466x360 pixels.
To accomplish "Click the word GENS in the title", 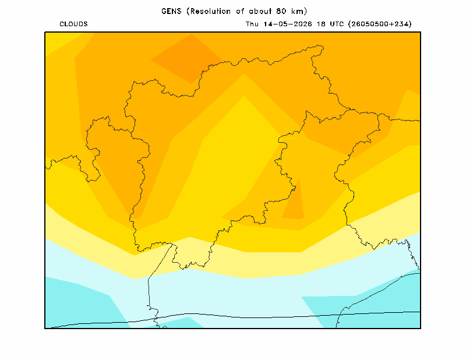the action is [171, 11].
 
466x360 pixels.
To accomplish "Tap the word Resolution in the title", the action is [210, 11].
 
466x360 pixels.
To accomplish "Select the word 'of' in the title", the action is [240, 11].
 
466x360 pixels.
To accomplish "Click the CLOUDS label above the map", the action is [73, 24].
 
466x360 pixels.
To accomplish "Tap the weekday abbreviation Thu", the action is [252, 24].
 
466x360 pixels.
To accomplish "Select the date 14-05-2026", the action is [288, 24].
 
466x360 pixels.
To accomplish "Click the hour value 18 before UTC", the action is [321, 24].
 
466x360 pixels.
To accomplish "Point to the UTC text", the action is [337, 24].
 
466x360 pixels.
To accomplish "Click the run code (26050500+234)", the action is [380, 24].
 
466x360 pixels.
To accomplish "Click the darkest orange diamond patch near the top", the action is [188, 59].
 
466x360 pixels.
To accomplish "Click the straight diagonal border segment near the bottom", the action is [160, 261].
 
